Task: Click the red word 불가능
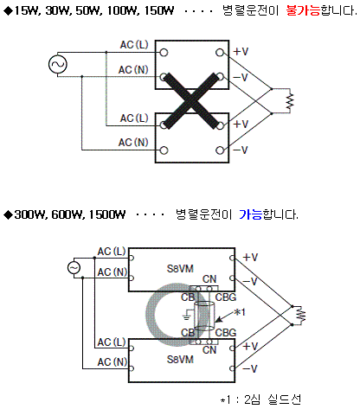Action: click(x=303, y=10)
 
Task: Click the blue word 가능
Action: click(x=251, y=214)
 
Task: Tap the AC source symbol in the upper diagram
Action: click(x=58, y=64)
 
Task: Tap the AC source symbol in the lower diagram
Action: click(x=74, y=268)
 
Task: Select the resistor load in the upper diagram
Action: click(x=290, y=101)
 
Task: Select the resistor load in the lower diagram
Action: click(x=301, y=315)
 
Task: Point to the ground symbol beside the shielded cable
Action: click(x=187, y=317)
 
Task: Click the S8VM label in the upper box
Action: click(x=180, y=269)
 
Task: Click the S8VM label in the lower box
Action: click(x=180, y=360)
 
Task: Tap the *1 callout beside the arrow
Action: click(x=239, y=312)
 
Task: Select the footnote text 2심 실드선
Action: click(x=273, y=399)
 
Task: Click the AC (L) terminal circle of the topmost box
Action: click(x=164, y=53)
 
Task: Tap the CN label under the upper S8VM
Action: click(x=209, y=279)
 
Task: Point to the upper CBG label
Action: click(x=226, y=297)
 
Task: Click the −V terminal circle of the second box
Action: click(x=220, y=150)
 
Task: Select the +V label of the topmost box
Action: click(x=241, y=52)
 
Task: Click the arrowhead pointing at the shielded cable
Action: click(x=219, y=319)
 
